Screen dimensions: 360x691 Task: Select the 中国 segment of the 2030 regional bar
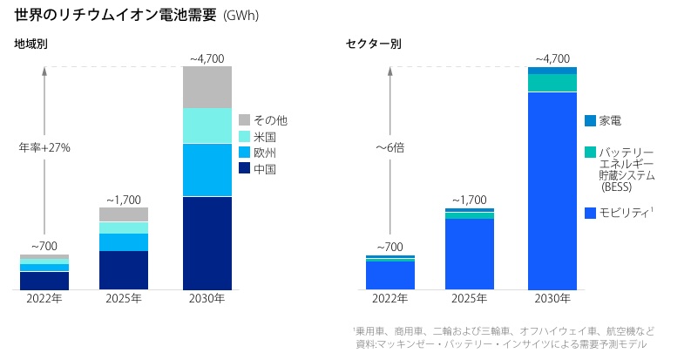tap(207, 242)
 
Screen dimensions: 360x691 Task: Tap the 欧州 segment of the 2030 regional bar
tap(207, 170)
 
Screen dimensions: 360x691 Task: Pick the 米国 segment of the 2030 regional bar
tap(207, 126)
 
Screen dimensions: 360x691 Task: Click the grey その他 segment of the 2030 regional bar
tap(207, 87)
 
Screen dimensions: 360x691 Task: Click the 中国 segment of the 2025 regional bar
tap(124, 269)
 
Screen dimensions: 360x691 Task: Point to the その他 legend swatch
tap(244, 119)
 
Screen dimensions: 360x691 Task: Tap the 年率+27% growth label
tap(44, 147)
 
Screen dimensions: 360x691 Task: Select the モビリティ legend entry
tap(618, 213)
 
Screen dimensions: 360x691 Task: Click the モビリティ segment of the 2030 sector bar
tap(552, 190)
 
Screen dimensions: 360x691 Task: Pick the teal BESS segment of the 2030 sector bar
tap(552, 83)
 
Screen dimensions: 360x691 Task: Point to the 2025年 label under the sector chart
tap(470, 299)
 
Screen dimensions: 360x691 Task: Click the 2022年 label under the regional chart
tap(44, 299)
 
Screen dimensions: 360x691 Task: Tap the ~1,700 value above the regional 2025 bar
tap(124, 199)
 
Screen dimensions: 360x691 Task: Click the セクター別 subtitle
tap(373, 44)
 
